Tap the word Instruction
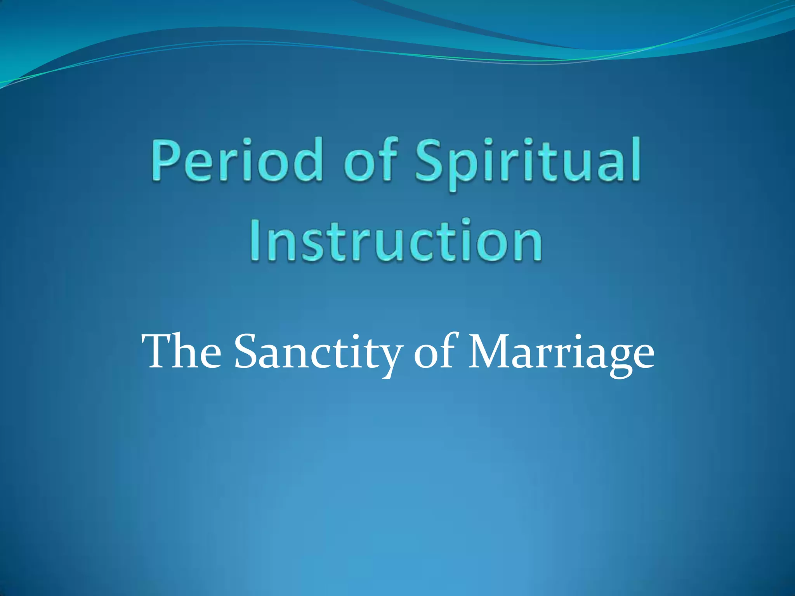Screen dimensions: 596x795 tap(396, 240)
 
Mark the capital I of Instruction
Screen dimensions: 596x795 tap(256, 240)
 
